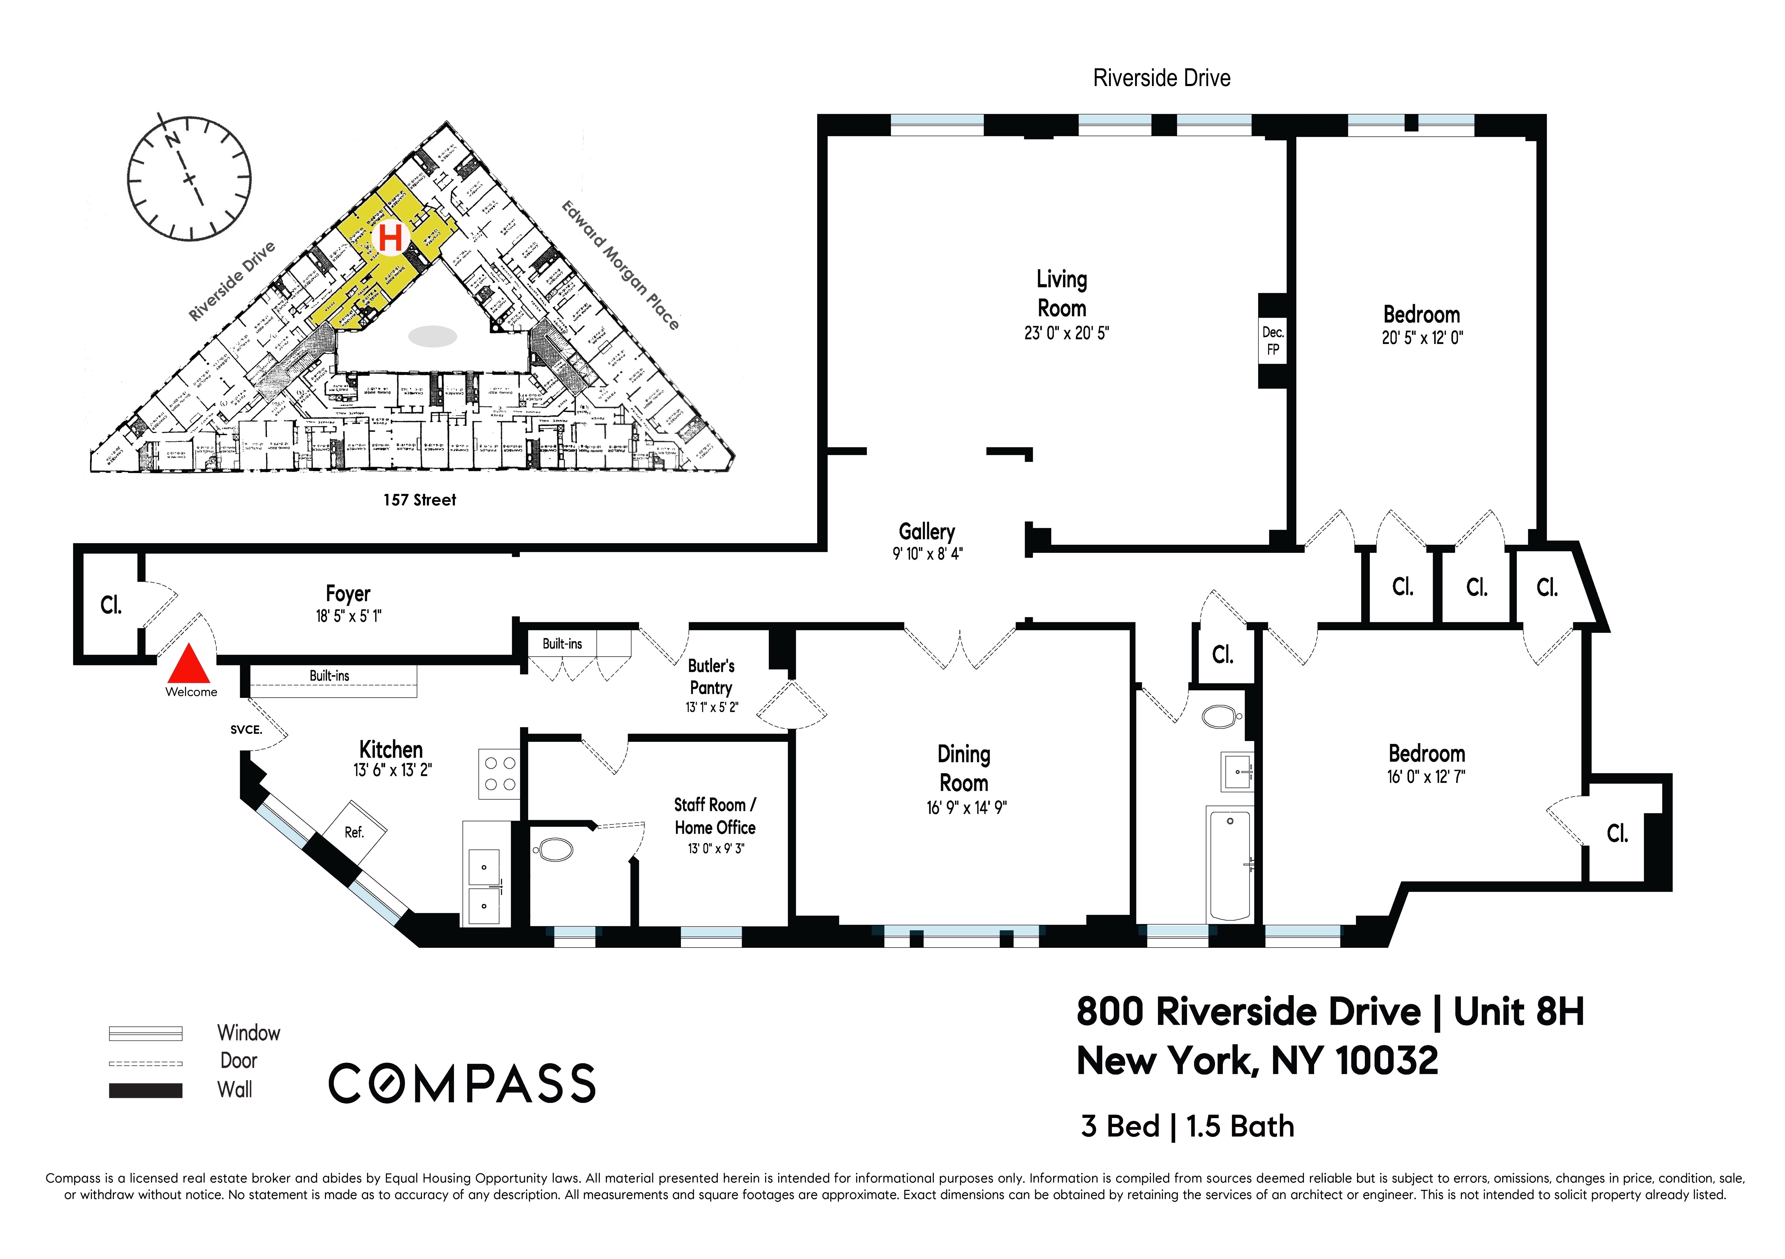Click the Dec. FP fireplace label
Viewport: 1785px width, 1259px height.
[1273, 340]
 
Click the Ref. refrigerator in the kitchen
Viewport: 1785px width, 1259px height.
[355, 832]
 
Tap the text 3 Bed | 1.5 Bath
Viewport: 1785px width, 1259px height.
[1187, 1126]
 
